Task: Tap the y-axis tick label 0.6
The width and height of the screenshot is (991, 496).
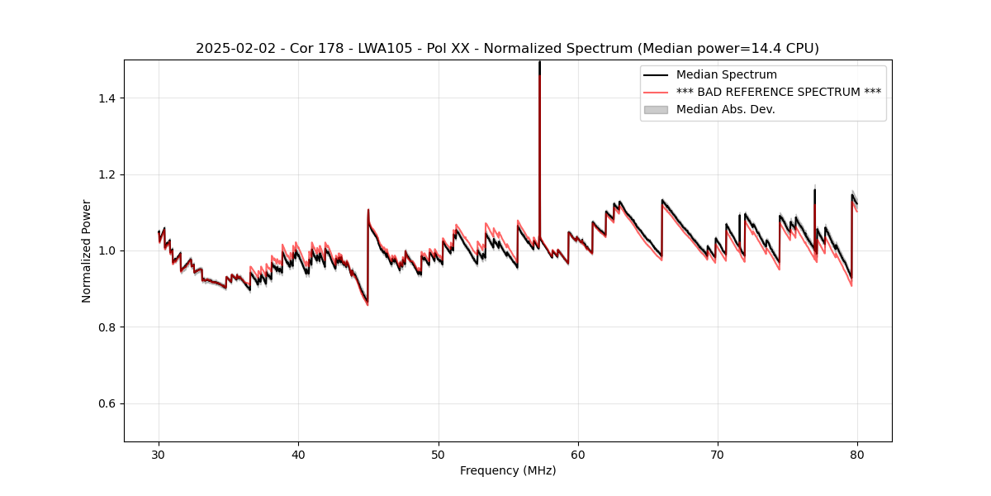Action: coord(107,403)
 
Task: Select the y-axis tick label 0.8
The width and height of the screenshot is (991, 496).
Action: coord(107,327)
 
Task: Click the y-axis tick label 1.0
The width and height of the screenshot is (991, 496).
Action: coord(107,250)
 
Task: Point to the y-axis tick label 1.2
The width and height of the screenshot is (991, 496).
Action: coord(107,174)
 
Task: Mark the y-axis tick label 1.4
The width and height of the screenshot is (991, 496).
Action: coord(107,98)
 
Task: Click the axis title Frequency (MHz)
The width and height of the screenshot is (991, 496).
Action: coord(508,470)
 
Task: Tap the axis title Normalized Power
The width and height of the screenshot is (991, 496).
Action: coord(87,250)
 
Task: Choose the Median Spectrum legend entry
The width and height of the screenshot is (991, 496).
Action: coord(726,74)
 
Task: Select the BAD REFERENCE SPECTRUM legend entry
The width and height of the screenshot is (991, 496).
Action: coord(778,92)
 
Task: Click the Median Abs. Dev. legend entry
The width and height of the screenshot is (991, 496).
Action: coord(725,109)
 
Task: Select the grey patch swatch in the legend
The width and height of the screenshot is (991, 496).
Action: coord(656,109)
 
